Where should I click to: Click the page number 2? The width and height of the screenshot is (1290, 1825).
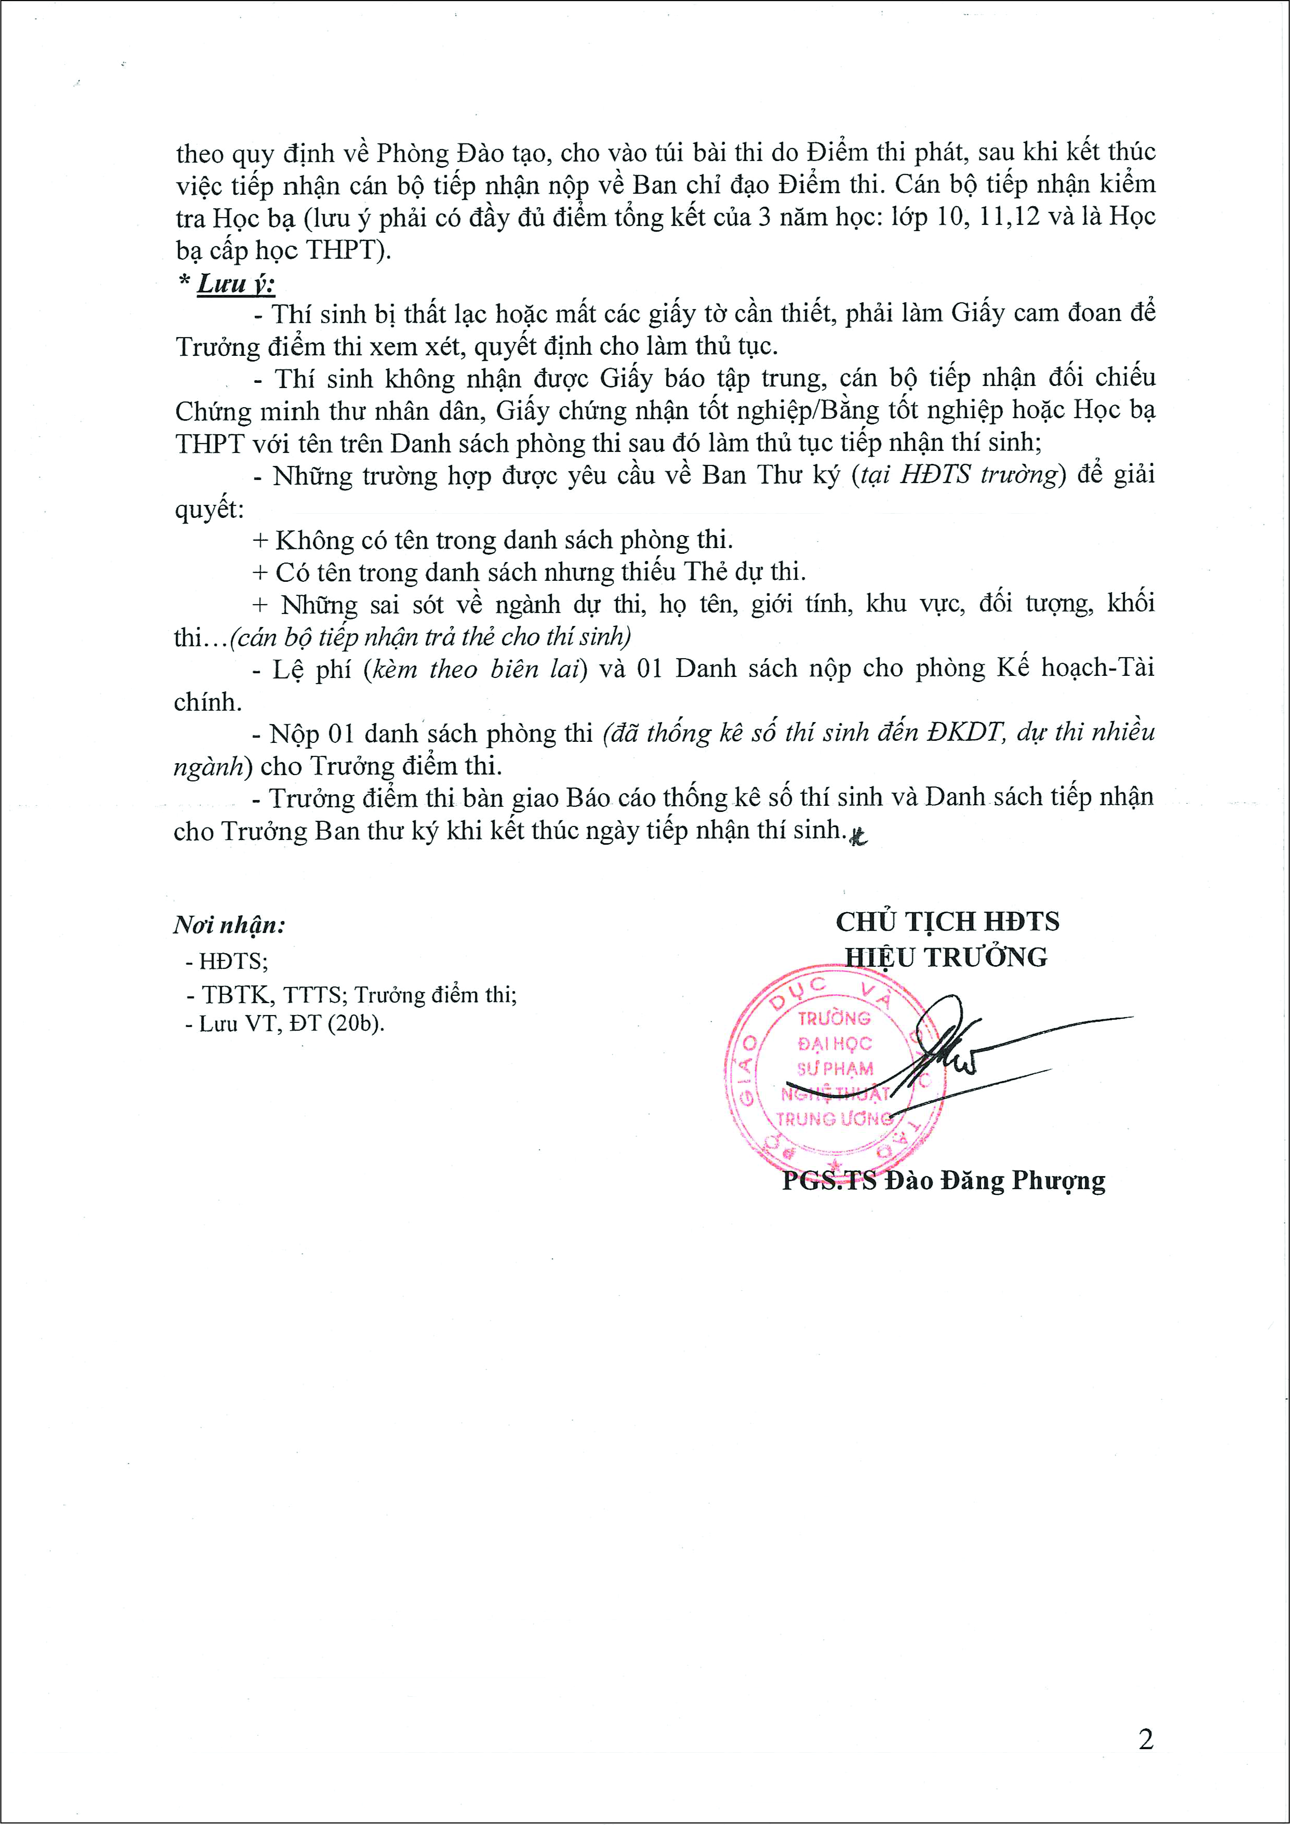point(1146,1740)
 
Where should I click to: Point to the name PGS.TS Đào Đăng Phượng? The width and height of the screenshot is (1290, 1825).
point(943,1181)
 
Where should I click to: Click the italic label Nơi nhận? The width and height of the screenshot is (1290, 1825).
point(229,925)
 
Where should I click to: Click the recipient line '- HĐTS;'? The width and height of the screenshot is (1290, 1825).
point(228,962)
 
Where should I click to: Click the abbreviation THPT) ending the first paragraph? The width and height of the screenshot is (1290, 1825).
point(348,250)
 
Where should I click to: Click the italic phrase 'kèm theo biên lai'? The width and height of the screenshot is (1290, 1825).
point(474,669)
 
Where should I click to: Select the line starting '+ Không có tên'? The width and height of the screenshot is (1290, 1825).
point(493,540)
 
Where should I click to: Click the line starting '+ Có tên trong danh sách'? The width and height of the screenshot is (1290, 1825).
point(528,572)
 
